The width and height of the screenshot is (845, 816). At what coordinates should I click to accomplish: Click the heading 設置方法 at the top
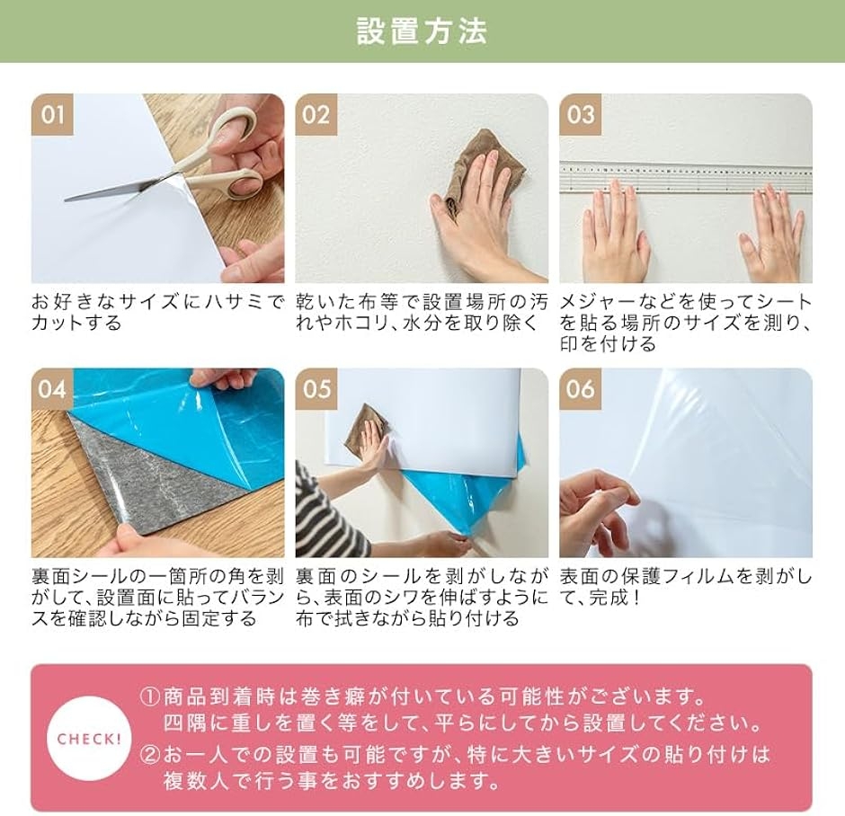click(422, 31)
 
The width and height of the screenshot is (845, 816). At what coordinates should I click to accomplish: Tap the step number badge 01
click(52, 115)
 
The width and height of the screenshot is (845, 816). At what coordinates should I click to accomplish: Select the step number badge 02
click(316, 115)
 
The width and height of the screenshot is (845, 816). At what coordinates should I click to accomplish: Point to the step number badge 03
click(581, 115)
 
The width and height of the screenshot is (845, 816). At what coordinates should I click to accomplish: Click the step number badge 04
click(52, 389)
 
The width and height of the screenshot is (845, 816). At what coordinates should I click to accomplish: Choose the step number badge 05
click(316, 389)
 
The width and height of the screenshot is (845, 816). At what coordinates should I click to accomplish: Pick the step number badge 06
click(581, 389)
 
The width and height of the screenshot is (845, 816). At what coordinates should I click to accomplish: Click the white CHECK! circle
click(90, 739)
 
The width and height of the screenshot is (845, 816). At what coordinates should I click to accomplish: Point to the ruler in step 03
click(686, 179)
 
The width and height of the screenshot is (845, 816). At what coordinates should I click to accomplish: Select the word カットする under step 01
click(77, 324)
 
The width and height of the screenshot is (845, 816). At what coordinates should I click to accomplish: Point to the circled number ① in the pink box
click(149, 697)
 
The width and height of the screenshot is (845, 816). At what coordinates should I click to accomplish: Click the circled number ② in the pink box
click(149, 755)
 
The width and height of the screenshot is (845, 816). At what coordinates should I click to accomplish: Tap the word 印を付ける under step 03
click(608, 343)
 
